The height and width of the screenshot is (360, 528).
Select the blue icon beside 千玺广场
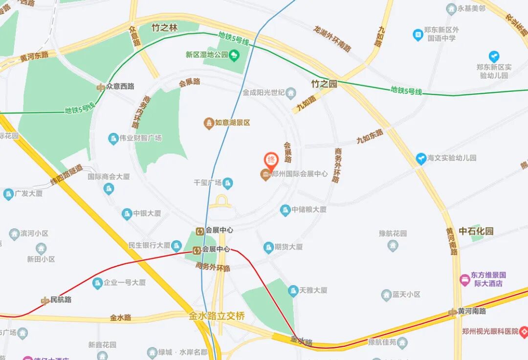click(228, 183)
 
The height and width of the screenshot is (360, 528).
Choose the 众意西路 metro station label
click(120, 86)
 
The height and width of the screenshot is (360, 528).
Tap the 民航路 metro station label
click(61, 299)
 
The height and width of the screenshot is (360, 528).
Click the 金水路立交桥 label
click(217, 316)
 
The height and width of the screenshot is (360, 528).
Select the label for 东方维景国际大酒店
click(488, 279)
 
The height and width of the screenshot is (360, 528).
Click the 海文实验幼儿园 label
click(452, 158)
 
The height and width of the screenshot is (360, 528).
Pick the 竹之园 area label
click(324, 84)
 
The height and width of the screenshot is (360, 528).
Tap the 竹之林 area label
click(164, 28)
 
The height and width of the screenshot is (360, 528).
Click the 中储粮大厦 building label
click(309, 210)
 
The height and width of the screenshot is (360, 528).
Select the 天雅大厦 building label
click(313, 290)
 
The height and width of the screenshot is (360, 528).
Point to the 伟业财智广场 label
click(140, 138)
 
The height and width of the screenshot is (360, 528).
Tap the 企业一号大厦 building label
click(125, 282)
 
